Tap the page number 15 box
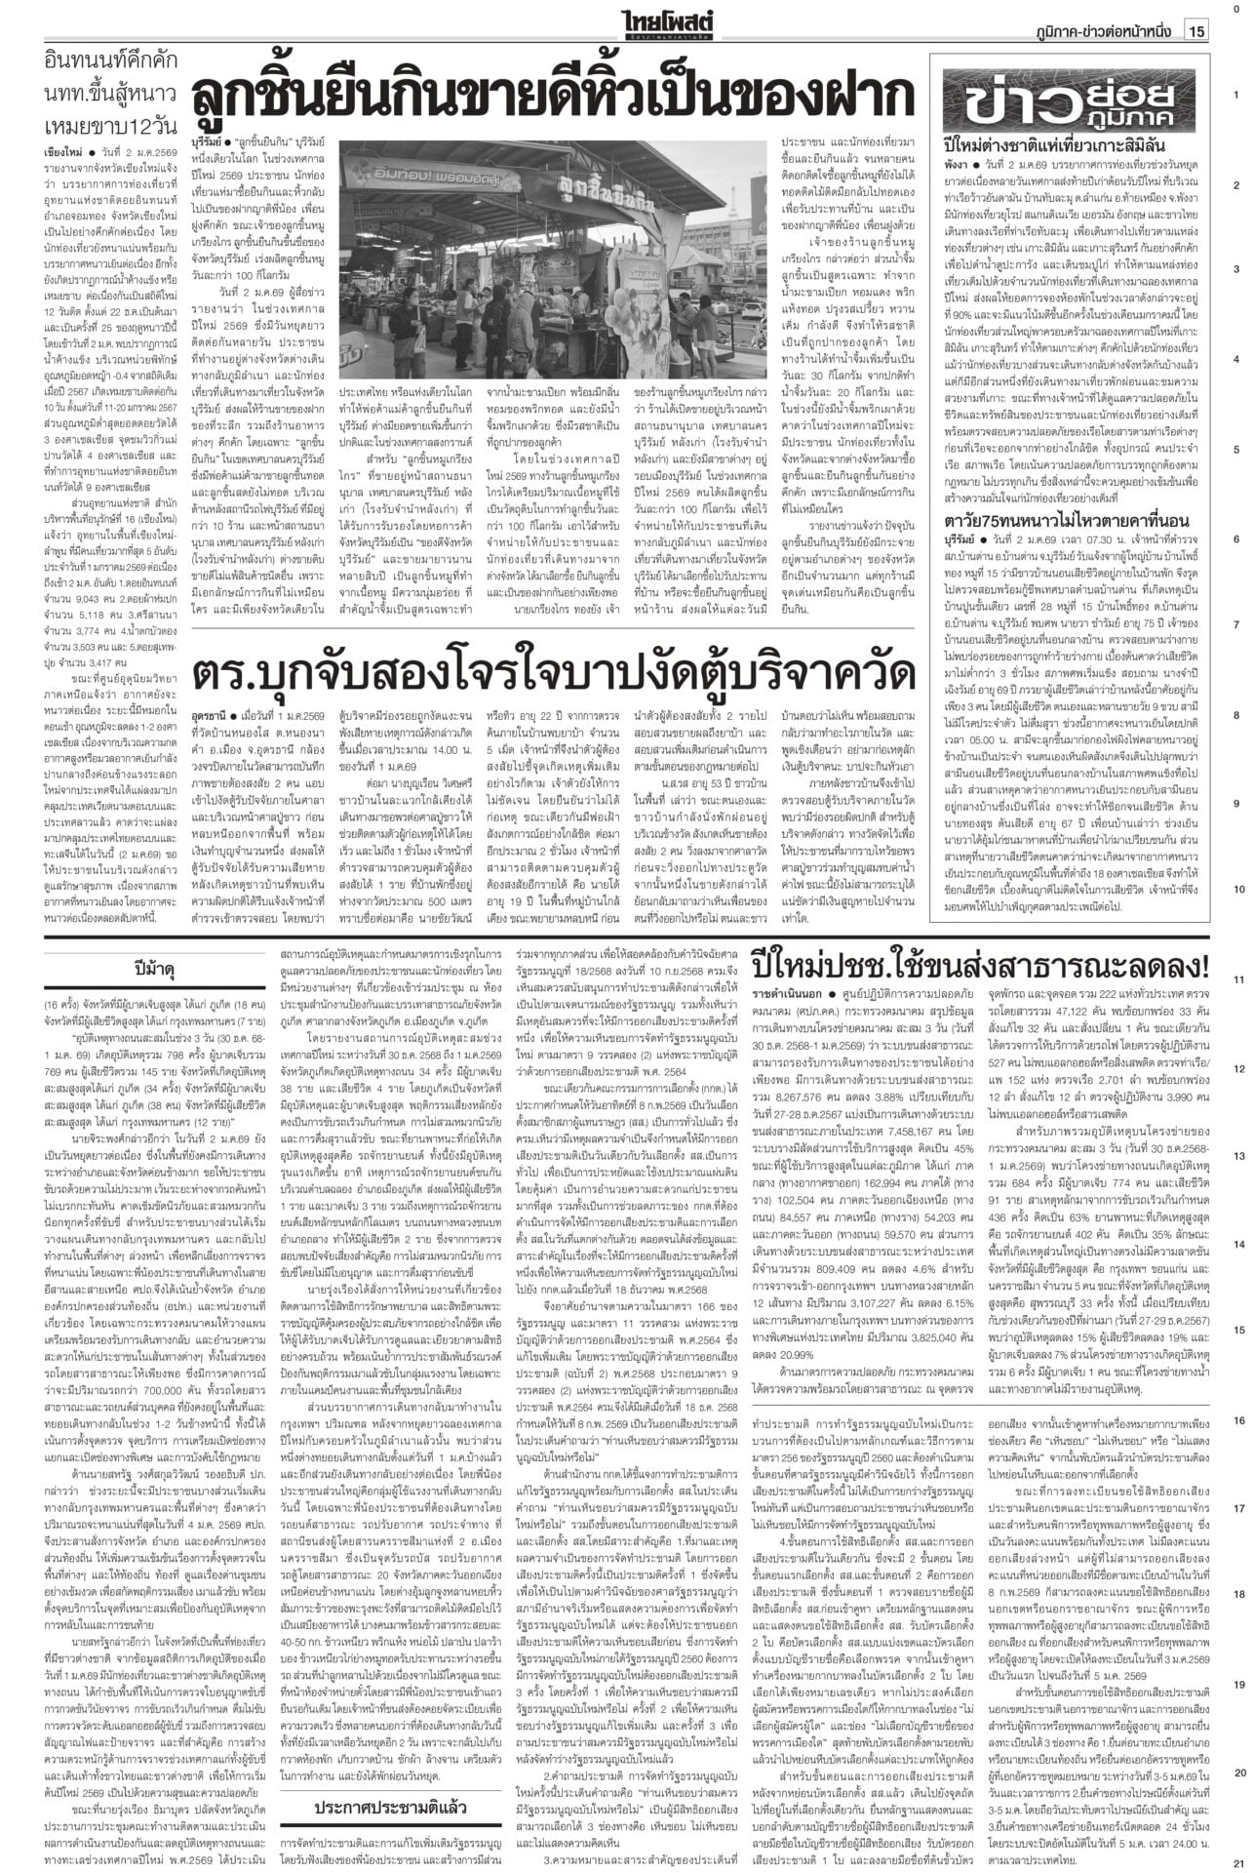[1195, 31]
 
